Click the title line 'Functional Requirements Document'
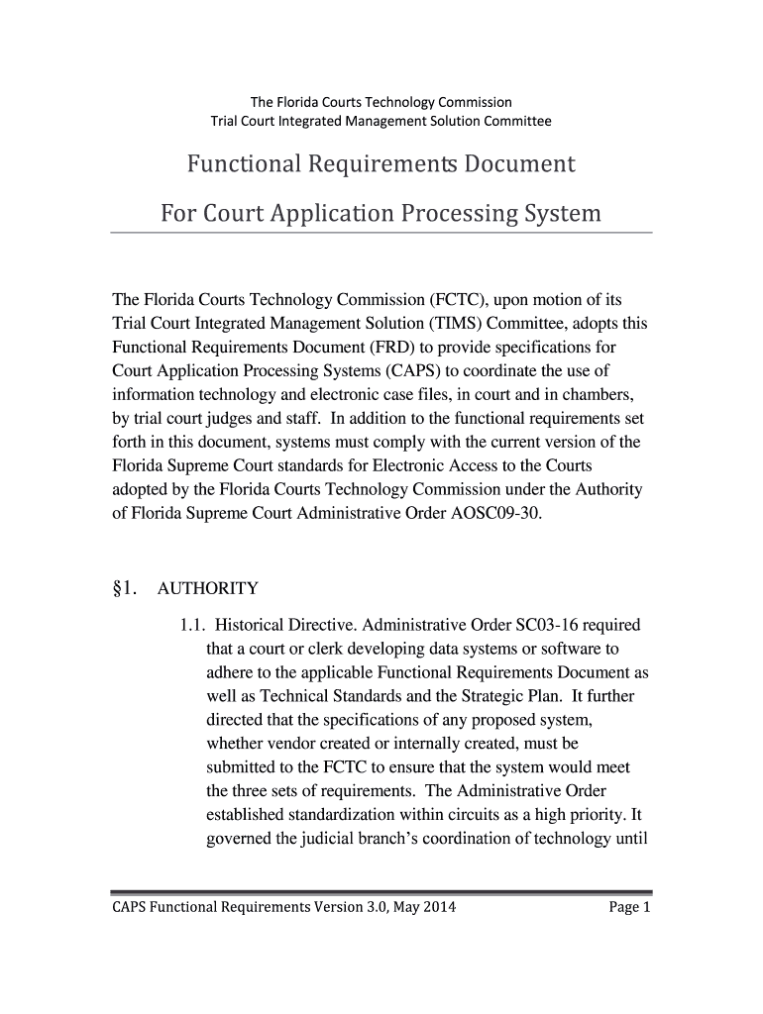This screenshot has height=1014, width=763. (x=381, y=163)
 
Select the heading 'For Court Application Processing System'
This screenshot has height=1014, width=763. (x=381, y=213)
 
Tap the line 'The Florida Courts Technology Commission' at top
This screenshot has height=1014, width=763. (x=381, y=102)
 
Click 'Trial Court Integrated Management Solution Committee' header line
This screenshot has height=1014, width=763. (x=381, y=122)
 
